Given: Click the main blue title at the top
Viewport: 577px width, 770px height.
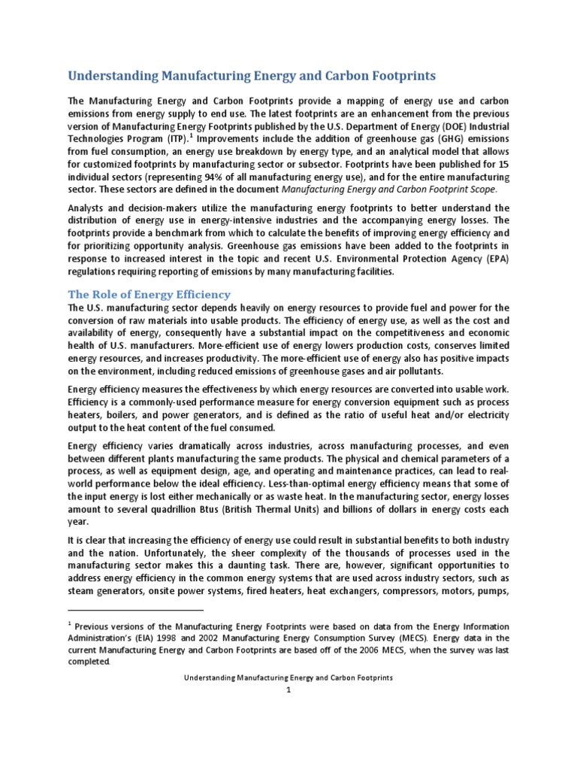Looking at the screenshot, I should tap(252, 76).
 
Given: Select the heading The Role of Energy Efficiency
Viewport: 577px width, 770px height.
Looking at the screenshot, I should tap(150, 294).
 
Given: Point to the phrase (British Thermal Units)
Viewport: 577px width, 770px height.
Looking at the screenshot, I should tap(278, 509).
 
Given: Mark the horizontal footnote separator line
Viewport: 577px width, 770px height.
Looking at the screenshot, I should tap(135, 611).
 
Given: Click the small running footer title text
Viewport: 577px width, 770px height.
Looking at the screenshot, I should tap(288, 678).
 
